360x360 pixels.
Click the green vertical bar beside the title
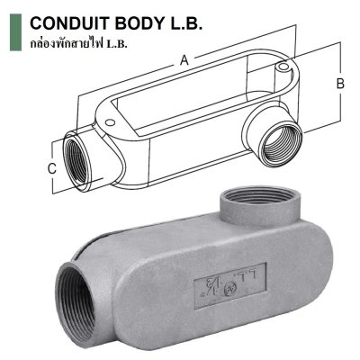pos(13,31)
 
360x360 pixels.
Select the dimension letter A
pos(184,61)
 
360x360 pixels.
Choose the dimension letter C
pos(52,167)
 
